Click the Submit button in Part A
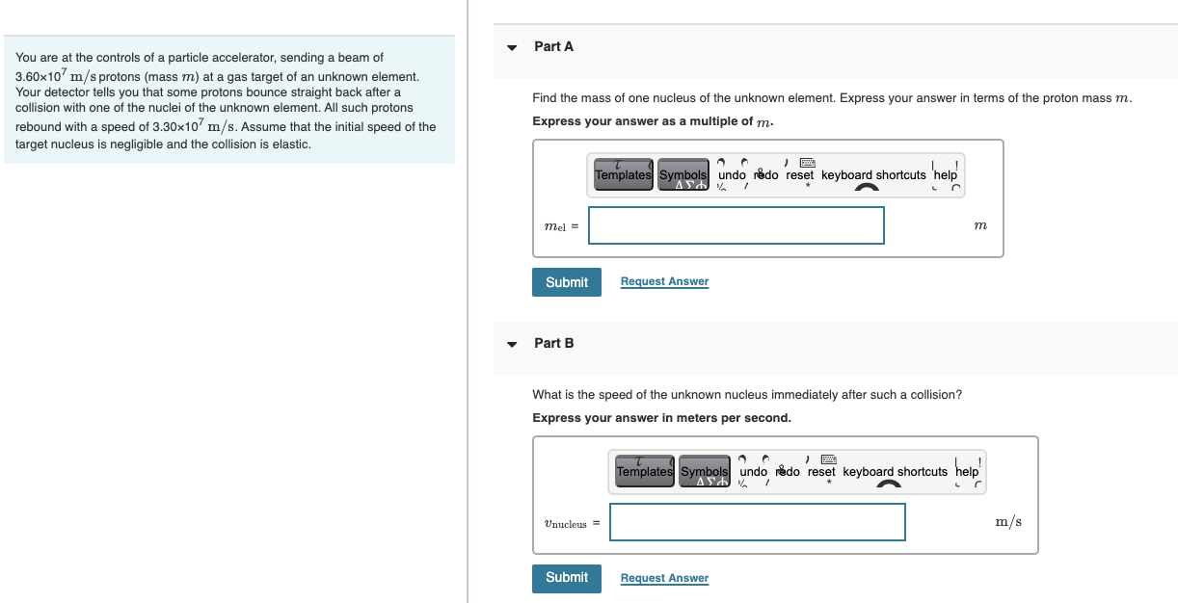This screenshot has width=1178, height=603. coord(566,282)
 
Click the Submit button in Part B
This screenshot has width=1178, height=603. coord(566,578)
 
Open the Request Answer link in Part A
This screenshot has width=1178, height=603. coord(664,281)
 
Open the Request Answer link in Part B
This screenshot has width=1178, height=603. coord(664,578)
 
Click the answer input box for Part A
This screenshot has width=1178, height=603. coord(736,225)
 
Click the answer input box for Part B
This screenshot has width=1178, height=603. coord(757,522)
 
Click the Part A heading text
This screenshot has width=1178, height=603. coord(553,46)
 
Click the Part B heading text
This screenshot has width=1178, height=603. coord(553,343)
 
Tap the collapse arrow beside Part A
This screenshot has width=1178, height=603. coord(513,47)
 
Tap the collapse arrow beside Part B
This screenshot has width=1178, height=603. coord(513,344)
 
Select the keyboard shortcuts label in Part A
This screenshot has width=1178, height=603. coord(872,175)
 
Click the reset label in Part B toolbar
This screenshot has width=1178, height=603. coord(821,472)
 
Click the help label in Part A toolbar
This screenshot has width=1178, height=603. coord(946,175)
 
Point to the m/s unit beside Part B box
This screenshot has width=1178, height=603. coord(1008,522)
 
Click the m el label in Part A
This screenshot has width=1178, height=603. coord(559,227)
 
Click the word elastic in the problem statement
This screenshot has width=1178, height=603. coord(290,144)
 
